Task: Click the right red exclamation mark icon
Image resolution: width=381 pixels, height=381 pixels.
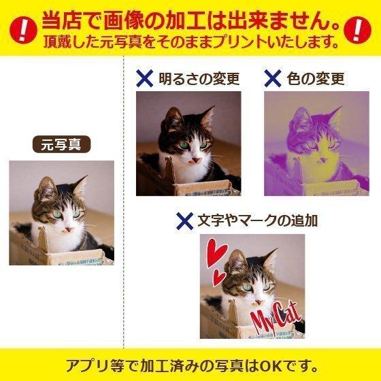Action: tap(356, 29)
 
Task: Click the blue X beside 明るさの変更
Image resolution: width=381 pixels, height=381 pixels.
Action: tap(144, 78)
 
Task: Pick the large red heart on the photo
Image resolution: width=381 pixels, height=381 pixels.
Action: tap(220, 257)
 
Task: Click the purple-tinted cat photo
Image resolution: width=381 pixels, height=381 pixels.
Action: tap(316, 143)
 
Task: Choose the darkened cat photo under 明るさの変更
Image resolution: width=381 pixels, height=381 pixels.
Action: tap(188, 143)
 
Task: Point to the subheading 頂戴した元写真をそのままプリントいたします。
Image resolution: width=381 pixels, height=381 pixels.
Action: tap(190, 41)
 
